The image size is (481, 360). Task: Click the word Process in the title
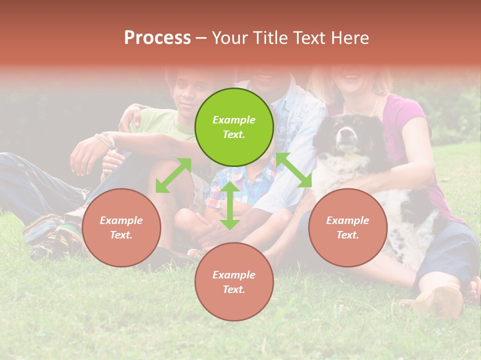[x=157, y=38]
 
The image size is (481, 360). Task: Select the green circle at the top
[x=234, y=127]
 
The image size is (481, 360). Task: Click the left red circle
[x=121, y=227]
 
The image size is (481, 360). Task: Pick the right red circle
[x=348, y=227]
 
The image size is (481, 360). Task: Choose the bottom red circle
[x=234, y=282]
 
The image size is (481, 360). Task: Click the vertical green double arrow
[x=230, y=205]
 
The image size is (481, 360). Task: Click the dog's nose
[x=344, y=133]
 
